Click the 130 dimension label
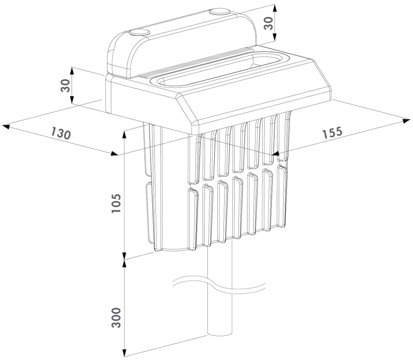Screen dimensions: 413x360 coord(61,133)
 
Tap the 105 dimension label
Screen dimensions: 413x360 coord(116,203)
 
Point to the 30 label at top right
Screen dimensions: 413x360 coord(269,23)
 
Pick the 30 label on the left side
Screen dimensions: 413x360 coord(65,85)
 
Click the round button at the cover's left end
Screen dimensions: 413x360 coord(139,33)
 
